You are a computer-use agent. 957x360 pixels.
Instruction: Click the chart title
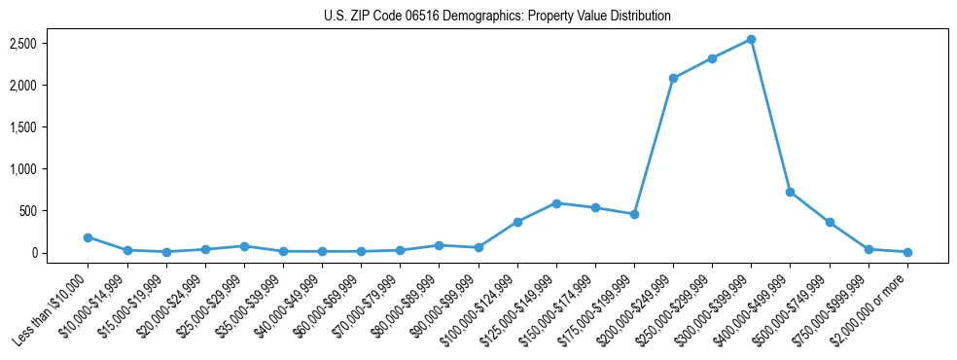click(x=497, y=17)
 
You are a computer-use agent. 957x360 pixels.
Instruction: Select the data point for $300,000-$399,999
click(x=752, y=40)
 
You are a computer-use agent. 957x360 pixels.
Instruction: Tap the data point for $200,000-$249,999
click(x=673, y=78)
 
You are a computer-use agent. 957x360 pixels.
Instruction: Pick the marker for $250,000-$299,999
click(x=713, y=58)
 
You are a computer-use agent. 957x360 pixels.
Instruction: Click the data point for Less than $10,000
click(x=89, y=237)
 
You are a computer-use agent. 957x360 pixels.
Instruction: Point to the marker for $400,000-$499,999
click(x=791, y=192)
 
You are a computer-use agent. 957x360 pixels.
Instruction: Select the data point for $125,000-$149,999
click(x=556, y=203)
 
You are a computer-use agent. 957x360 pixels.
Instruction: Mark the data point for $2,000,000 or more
click(x=907, y=252)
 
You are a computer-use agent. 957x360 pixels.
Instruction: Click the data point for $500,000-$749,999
click(x=830, y=223)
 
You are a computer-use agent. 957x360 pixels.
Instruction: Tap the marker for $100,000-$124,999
click(x=517, y=222)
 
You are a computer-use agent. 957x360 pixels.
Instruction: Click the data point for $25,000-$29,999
click(x=244, y=246)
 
